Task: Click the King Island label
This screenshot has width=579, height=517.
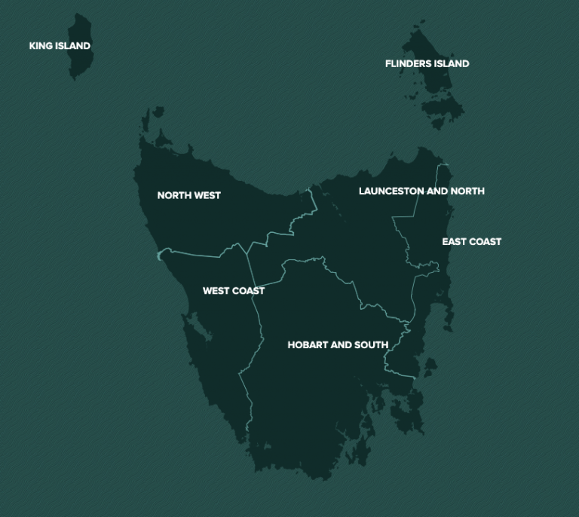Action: pyautogui.click(x=60, y=46)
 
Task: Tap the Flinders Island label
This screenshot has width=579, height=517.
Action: pyautogui.click(x=427, y=64)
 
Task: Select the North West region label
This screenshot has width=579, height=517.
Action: pyautogui.click(x=188, y=195)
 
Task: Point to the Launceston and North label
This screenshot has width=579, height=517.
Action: pyautogui.click(x=421, y=191)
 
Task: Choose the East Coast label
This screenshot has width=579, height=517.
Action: pyautogui.click(x=471, y=242)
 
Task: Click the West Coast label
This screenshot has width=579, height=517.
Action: pyautogui.click(x=234, y=291)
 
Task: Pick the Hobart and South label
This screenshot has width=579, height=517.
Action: pyautogui.click(x=338, y=345)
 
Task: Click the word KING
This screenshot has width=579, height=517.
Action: pyautogui.click(x=40, y=46)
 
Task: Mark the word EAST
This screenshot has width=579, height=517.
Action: pyautogui.click(x=454, y=242)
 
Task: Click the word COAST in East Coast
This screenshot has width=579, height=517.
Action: pyautogui.click(x=485, y=242)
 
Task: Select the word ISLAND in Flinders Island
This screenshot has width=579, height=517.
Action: pyautogui.click(x=451, y=64)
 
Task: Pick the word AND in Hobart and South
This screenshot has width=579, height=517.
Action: pyautogui.click(x=342, y=345)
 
